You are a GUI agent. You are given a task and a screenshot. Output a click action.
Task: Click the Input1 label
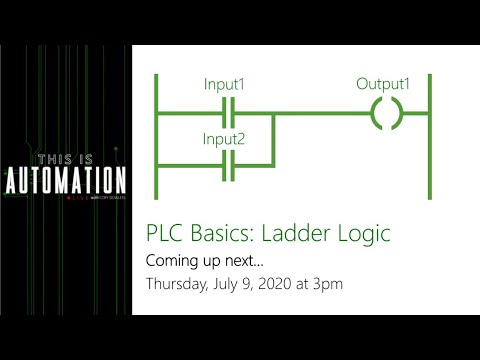coord(225,84)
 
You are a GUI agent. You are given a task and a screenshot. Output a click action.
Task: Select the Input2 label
coord(225,136)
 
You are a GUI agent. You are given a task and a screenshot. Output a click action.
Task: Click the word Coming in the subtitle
coord(172,261)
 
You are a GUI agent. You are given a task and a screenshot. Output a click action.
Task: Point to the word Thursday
coord(177,284)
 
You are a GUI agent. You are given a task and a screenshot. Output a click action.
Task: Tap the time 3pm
coord(326,284)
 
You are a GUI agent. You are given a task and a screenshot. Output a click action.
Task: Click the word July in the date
coord(225,284)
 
